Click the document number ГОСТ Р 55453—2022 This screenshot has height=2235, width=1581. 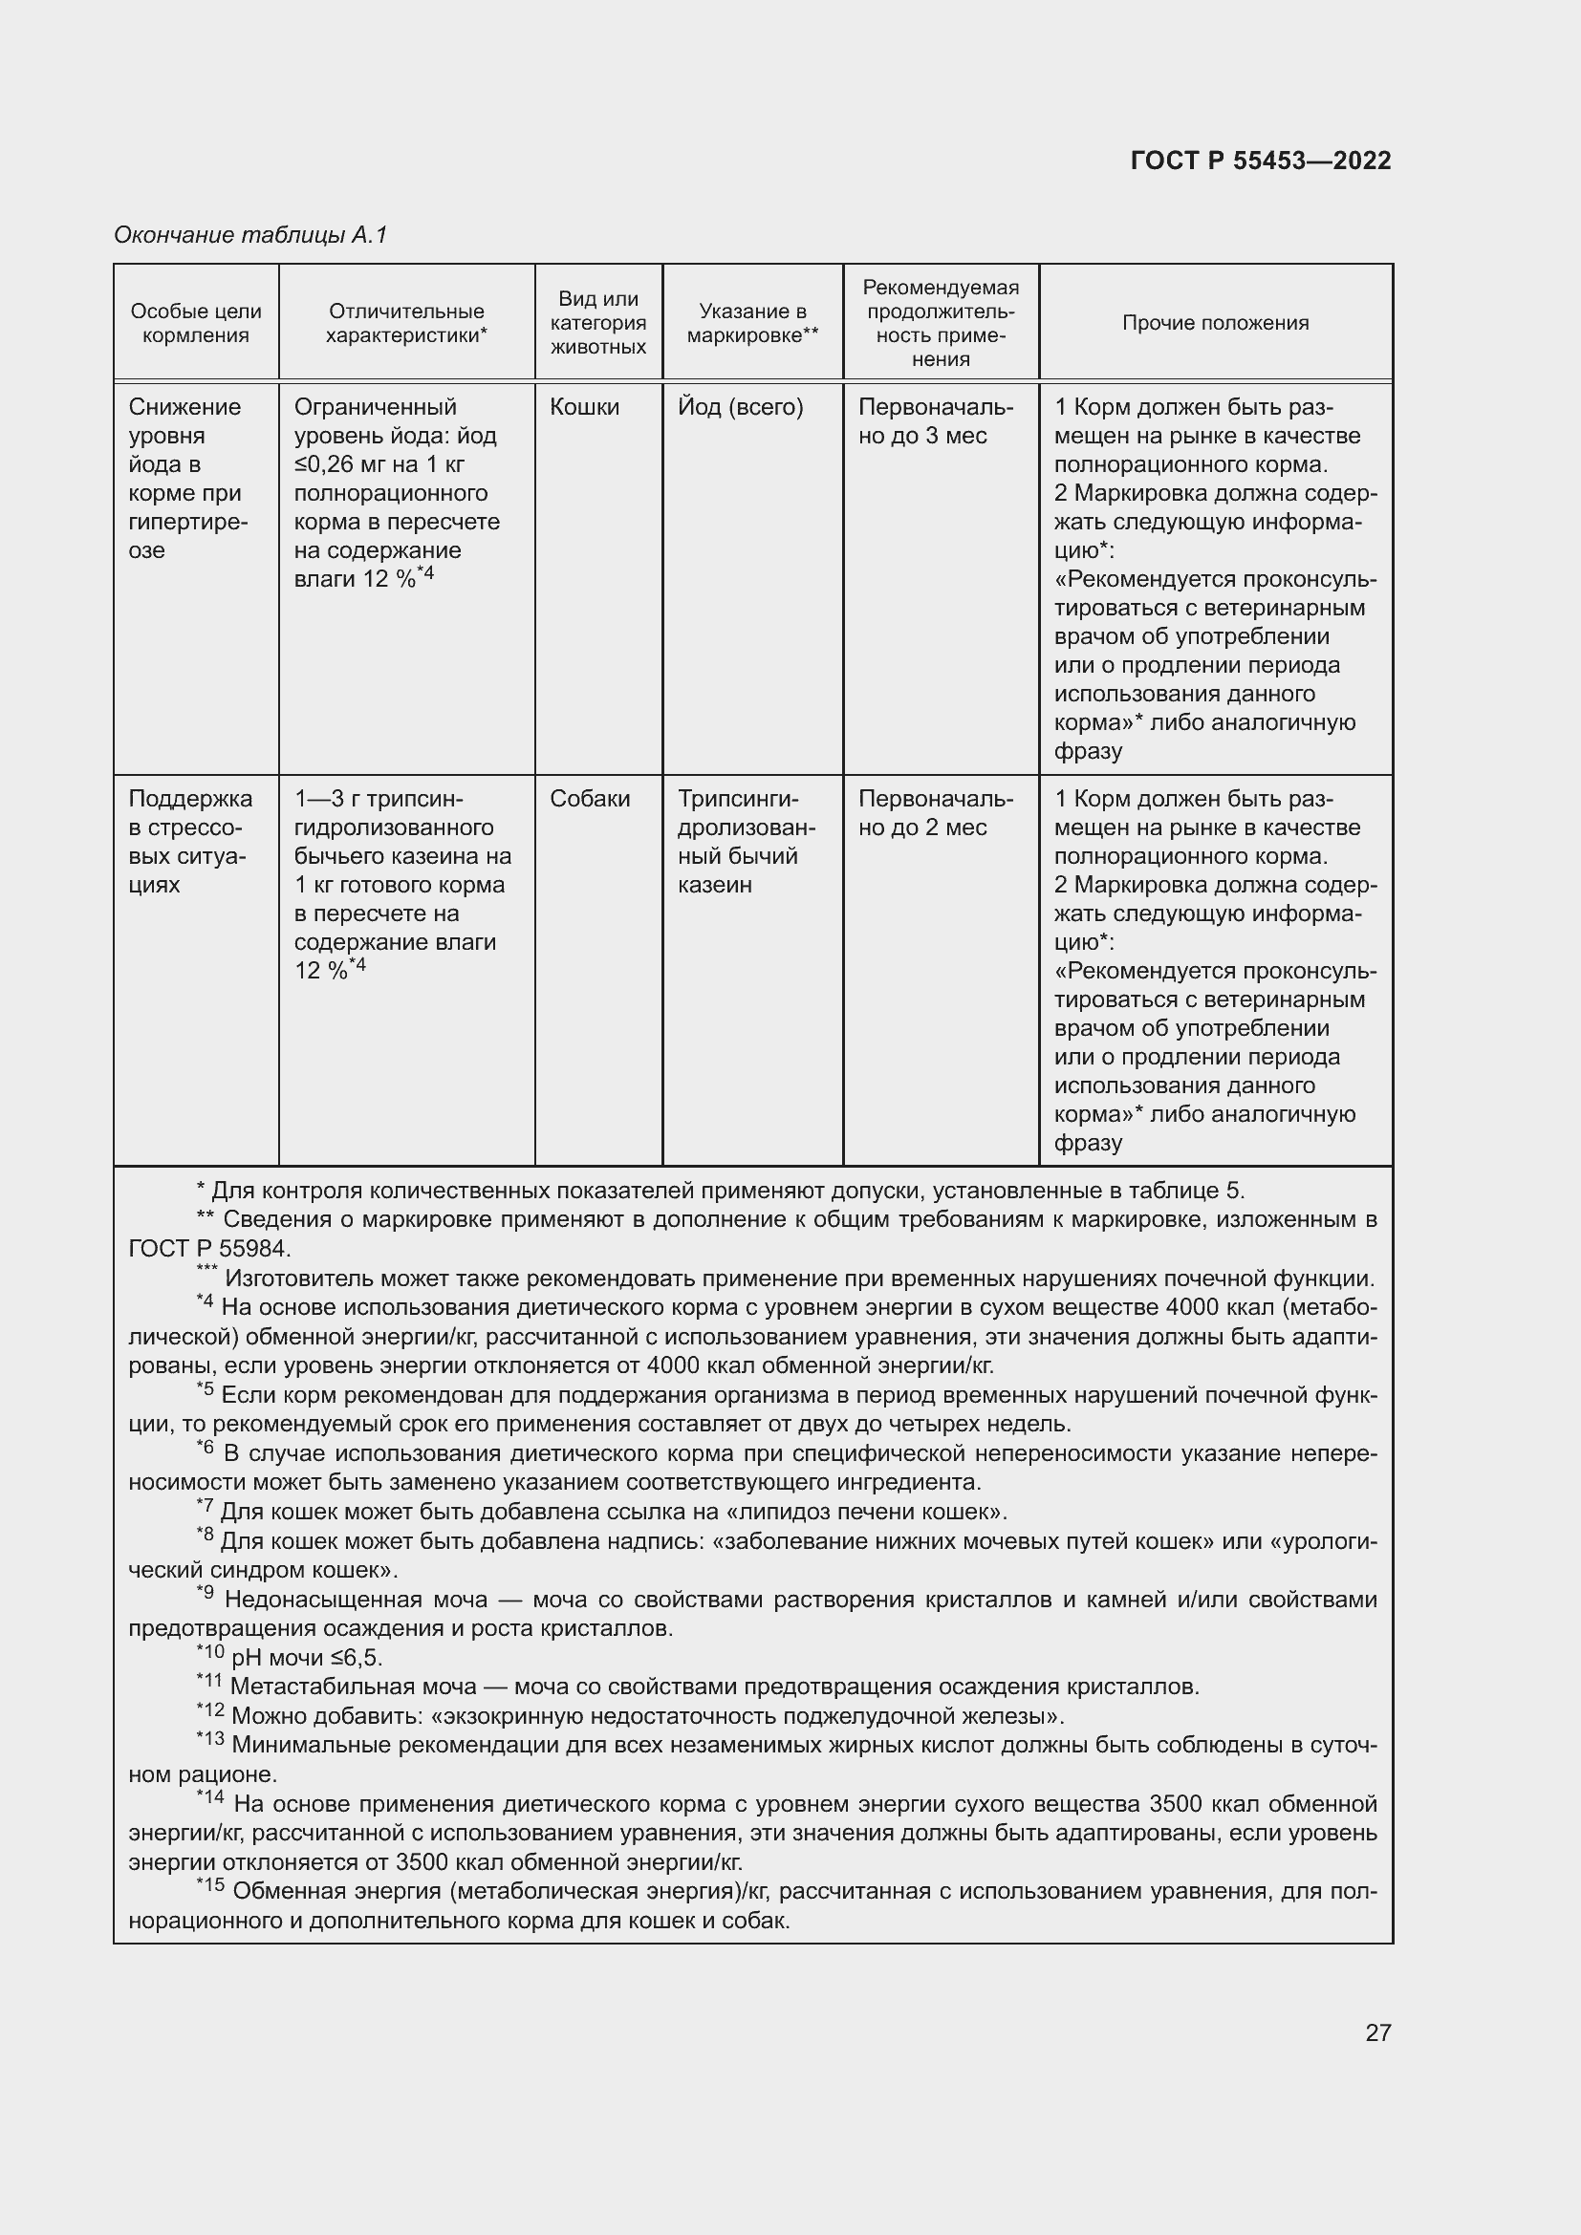pos(1261,161)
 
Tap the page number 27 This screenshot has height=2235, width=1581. pos(1377,2032)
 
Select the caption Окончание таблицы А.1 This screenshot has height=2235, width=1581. pos(250,235)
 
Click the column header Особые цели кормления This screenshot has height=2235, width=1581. pos(196,323)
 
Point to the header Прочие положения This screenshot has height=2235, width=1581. pos(1215,323)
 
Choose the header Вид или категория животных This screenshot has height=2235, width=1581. pos(597,323)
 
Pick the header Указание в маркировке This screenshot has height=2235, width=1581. pos(751,323)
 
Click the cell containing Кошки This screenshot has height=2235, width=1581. pos(584,407)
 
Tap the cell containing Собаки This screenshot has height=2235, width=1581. pos(590,799)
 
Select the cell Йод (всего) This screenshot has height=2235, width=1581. pos(740,407)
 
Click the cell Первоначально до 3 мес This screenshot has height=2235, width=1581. pos(935,421)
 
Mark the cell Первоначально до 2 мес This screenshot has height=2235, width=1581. pos(935,814)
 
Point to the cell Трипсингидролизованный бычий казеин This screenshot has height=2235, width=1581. pos(746,842)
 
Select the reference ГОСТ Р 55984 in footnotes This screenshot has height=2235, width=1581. pos(209,1249)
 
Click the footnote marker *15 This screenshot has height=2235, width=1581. pos(210,1886)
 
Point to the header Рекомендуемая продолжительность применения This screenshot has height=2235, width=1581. pos(941,323)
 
